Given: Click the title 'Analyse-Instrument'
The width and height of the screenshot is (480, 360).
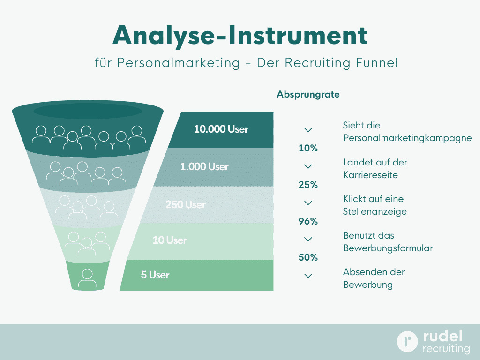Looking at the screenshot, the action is click(240, 36).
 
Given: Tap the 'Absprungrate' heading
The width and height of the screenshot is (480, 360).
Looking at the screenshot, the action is click(308, 94).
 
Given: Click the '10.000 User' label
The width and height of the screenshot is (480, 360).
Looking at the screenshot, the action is click(221, 129).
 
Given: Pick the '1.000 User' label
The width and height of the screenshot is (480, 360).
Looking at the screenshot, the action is click(204, 166).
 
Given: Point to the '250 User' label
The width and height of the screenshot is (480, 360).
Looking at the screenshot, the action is click(186, 204).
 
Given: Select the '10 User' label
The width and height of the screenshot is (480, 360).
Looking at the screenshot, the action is click(170, 240).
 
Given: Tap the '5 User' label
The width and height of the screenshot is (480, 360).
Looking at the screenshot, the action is click(155, 275).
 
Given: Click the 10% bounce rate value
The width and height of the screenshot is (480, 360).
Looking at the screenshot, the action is click(308, 148).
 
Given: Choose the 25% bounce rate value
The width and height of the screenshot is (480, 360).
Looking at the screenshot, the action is click(308, 185).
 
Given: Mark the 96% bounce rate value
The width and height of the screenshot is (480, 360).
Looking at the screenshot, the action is click(308, 221).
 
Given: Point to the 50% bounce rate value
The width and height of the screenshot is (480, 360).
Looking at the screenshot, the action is click(308, 257).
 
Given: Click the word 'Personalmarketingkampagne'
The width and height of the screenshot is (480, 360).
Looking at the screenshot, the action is click(407, 138).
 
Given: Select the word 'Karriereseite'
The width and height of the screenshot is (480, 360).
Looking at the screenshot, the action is click(370, 175).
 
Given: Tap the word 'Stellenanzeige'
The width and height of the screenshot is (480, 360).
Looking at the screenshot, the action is click(375, 211).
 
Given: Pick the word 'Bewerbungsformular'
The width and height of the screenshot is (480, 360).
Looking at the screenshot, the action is click(388, 248).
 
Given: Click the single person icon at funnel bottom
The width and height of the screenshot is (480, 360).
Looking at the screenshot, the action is click(87, 278).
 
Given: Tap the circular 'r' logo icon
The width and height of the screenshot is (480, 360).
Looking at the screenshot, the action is click(407, 341).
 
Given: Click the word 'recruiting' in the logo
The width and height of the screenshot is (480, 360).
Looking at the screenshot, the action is click(446, 349).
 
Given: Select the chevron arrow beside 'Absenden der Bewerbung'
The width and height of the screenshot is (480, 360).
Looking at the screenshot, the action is click(308, 276).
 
